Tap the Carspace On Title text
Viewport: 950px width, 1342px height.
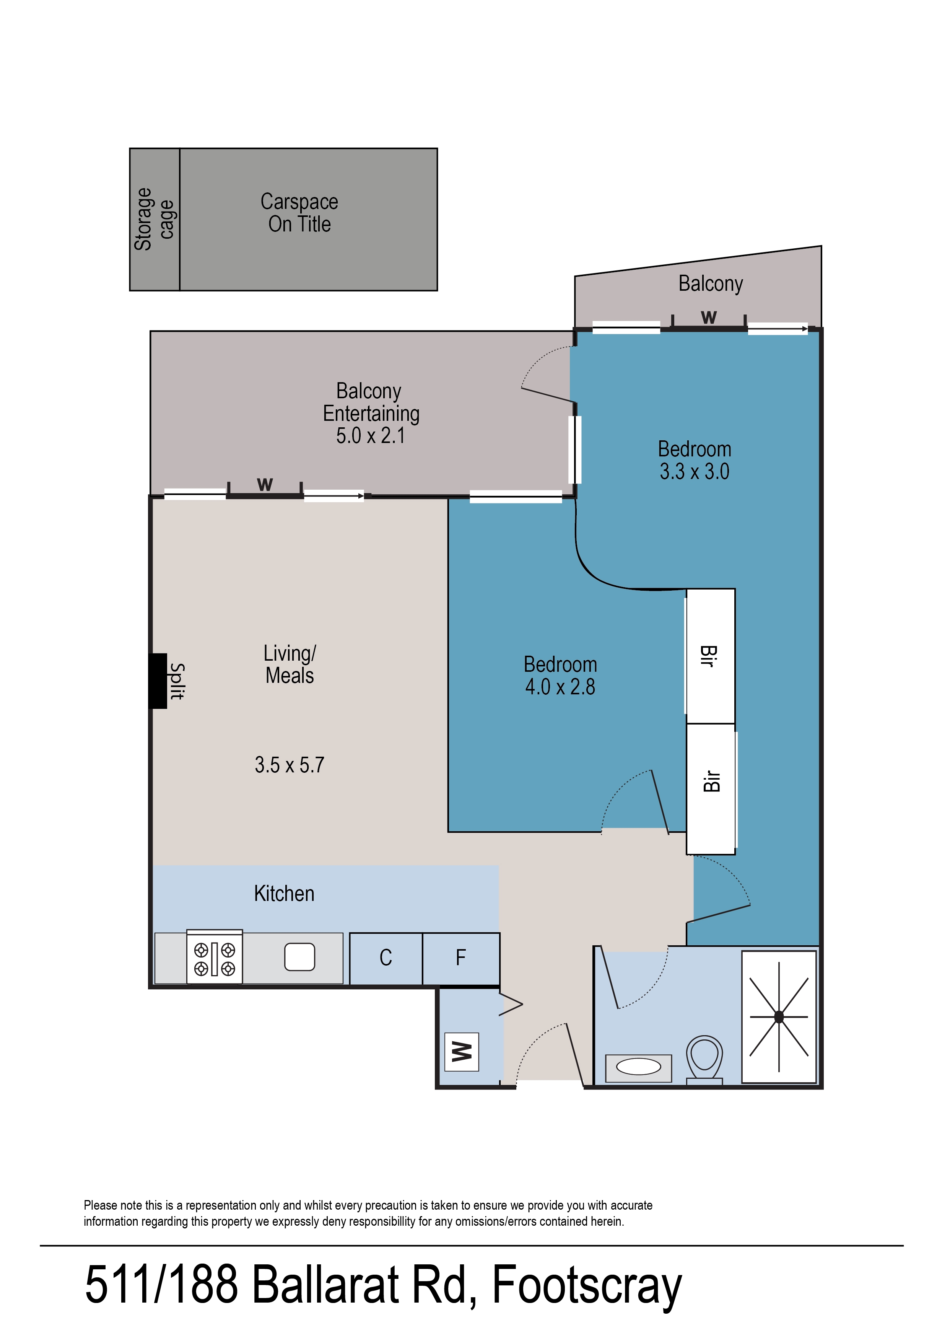point(299,213)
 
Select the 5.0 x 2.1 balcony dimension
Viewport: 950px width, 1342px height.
point(370,436)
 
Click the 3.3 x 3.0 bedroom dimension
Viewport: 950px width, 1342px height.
point(695,472)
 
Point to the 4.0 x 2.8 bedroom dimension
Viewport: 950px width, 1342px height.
point(560,687)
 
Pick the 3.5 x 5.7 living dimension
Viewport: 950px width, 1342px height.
point(289,765)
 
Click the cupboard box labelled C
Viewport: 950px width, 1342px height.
point(386,958)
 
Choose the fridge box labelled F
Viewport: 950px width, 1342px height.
point(461,958)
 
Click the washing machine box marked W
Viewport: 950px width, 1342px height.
point(462,1052)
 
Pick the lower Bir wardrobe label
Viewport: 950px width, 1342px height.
point(711,781)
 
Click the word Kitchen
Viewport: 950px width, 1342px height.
point(284,894)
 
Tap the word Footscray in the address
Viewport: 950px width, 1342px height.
point(587,1284)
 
